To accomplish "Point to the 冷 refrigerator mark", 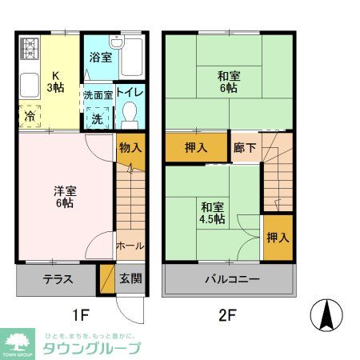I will click(x=28, y=116).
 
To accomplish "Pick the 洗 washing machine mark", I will click(x=96, y=117).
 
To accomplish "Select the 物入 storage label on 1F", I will click(x=130, y=147).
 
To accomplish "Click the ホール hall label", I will click(x=130, y=245).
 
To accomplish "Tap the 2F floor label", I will click(x=228, y=314).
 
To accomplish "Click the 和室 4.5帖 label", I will click(x=212, y=211).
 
